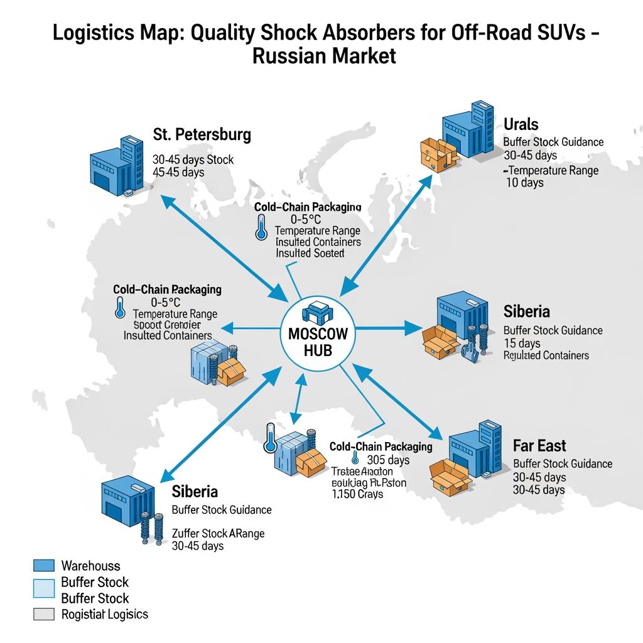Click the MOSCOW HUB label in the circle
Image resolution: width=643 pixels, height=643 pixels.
317,342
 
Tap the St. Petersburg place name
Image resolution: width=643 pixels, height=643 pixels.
202,134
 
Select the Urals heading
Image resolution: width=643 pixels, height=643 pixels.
521,124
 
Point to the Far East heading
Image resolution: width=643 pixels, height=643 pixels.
539,446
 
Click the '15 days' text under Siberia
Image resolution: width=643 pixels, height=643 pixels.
522,343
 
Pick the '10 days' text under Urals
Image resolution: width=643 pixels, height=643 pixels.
524,183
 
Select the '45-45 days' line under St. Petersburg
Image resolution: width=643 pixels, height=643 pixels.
178,172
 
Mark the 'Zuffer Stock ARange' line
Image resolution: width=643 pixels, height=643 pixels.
218,533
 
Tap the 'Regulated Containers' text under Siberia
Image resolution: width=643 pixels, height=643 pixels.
546,355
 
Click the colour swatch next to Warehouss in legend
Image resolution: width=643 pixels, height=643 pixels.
43,566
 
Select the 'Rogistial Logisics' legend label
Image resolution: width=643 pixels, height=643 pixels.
105,614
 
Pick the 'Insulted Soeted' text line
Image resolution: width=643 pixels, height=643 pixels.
310,253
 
